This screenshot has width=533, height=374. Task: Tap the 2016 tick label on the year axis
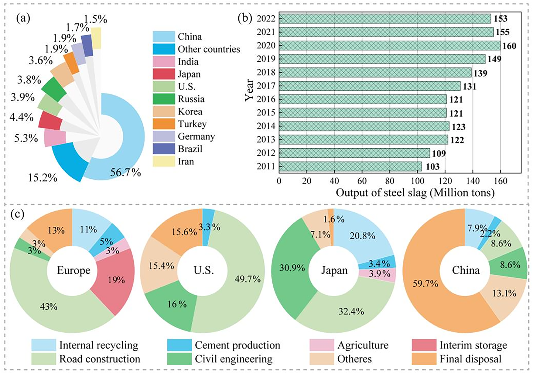coord(266,99)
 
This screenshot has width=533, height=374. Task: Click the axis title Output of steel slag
coord(415,193)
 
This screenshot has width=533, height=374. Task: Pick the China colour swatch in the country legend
coord(164,37)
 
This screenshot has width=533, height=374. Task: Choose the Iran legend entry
coord(186,161)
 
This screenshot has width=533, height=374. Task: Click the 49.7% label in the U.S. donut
coord(247,279)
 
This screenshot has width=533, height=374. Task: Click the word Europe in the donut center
coord(73,270)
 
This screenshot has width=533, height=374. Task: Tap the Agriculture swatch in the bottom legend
coord(321,345)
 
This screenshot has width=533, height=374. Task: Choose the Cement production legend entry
coord(237,345)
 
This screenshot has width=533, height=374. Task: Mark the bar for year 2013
coord(363,139)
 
